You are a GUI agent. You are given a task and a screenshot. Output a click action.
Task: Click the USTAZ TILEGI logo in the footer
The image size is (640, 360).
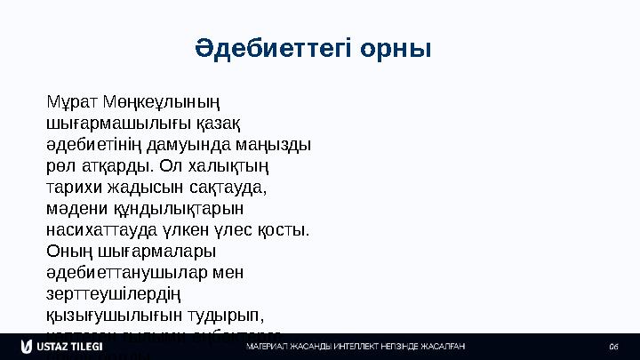(53, 345)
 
